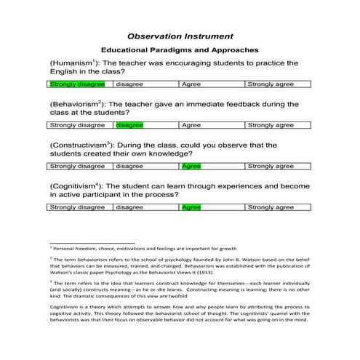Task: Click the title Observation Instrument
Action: (180, 35)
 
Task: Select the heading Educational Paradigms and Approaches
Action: (180, 50)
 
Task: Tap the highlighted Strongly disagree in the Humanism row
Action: (76, 84)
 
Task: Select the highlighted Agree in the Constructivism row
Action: (191, 166)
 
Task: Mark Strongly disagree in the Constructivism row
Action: (76, 166)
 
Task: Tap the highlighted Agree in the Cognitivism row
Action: (191, 207)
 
